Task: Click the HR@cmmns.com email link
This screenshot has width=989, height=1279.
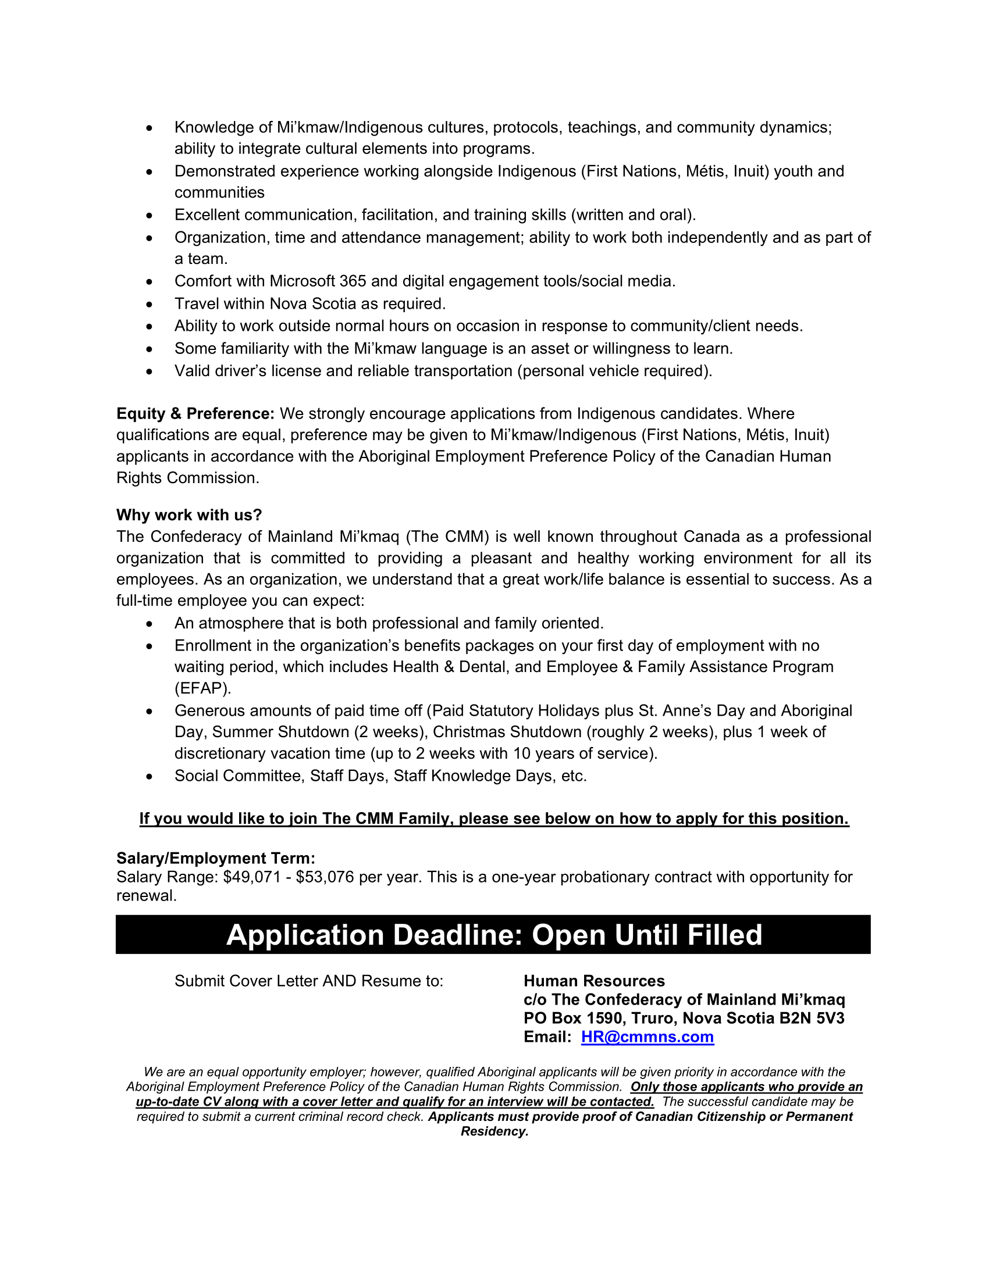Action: click(x=647, y=1037)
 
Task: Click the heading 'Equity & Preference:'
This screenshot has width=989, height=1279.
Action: click(x=195, y=413)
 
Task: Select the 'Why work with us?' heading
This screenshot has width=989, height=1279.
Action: click(x=188, y=515)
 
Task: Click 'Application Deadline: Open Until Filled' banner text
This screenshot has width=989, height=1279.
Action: click(x=494, y=935)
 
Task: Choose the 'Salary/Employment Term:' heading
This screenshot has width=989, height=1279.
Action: click(x=216, y=858)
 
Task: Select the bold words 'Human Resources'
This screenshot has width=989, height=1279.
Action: click(x=594, y=981)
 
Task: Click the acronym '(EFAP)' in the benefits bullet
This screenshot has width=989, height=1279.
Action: click(x=202, y=688)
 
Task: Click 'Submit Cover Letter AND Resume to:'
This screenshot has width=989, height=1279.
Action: click(x=309, y=981)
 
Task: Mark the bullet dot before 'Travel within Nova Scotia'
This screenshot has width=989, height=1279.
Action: click(x=150, y=305)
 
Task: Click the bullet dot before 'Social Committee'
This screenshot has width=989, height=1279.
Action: click(x=150, y=777)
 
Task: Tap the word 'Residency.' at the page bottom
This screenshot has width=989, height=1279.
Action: click(x=494, y=1131)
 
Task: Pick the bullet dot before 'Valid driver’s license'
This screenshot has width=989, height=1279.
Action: click(x=150, y=372)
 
